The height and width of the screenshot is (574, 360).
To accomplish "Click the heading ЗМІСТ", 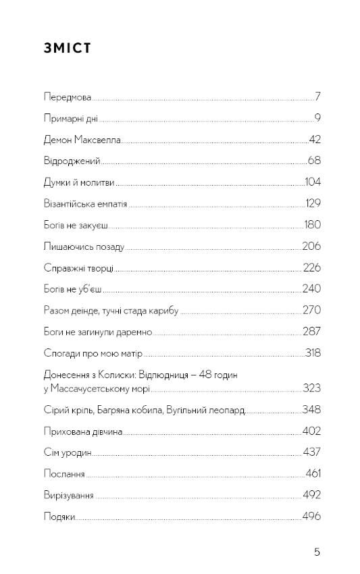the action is click(67, 49).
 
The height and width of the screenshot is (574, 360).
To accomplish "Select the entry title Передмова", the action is click(67, 97).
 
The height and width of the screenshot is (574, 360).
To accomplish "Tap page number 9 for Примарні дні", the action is click(317, 119).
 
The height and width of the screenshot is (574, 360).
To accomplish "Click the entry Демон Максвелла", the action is click(81, 140).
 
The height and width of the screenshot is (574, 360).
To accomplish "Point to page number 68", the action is click(313, 161).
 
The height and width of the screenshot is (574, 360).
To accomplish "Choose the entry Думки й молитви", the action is click(78, 182).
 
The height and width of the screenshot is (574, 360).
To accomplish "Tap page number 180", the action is click(312, 225).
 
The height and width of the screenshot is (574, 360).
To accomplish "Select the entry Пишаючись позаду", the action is click(83, 246).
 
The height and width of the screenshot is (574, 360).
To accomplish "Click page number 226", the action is click(311, 268).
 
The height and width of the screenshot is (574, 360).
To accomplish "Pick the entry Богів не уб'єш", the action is click(72, 289).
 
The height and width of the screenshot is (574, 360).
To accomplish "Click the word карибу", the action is click(165, 311).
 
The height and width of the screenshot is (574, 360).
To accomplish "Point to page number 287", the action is click(311, 332).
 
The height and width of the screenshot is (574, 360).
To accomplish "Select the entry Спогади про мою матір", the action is click(93, 353).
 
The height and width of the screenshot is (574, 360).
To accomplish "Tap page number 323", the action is click(311, 388).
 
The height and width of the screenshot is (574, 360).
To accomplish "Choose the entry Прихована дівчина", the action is click(82, 432).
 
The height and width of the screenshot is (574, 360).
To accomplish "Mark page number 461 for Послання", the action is click(313, 474).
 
